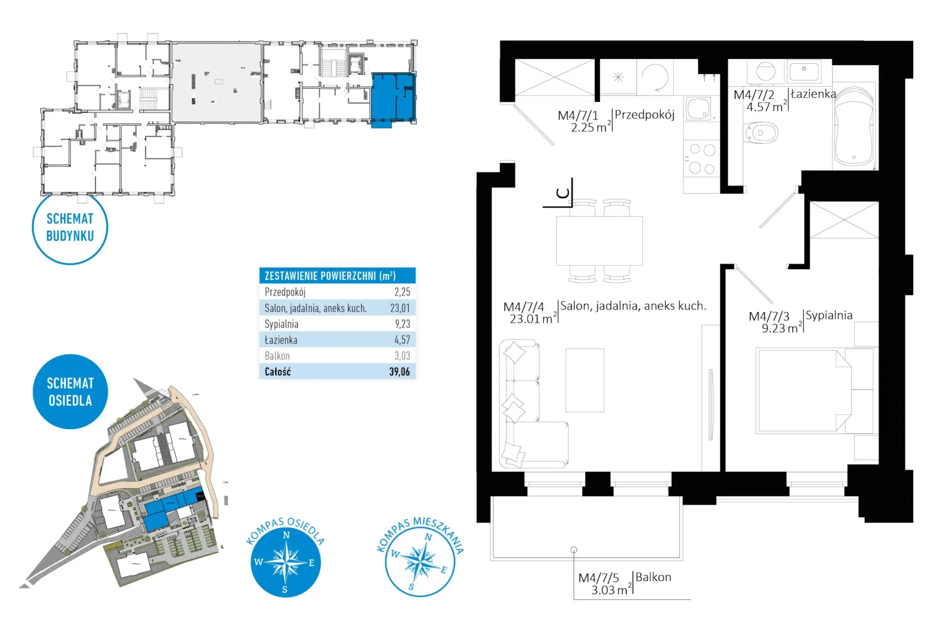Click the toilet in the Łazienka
click(x=761, y=132)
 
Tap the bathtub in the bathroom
click(x=854, y=127)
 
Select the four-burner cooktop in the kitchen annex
click(x=702, y=158)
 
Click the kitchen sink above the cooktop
click(x=699, y=109)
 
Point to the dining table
click(x=599, y=241)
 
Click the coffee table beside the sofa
click(x=585, y=380)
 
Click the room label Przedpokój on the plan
click(x=644, y=115)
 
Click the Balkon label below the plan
click(x=653, y=577)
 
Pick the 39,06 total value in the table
click(x=400, y=372)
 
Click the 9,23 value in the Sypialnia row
click(x=403, y=324)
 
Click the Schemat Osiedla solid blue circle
click(x=70, y=392)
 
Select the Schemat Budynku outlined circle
click(x=70, y=228)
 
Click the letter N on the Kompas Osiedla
click(x=286, y=535)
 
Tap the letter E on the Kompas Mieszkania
click(x=443, y=570)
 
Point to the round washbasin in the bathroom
click(x=766, y=71)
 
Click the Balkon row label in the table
click(x=277, y=356)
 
